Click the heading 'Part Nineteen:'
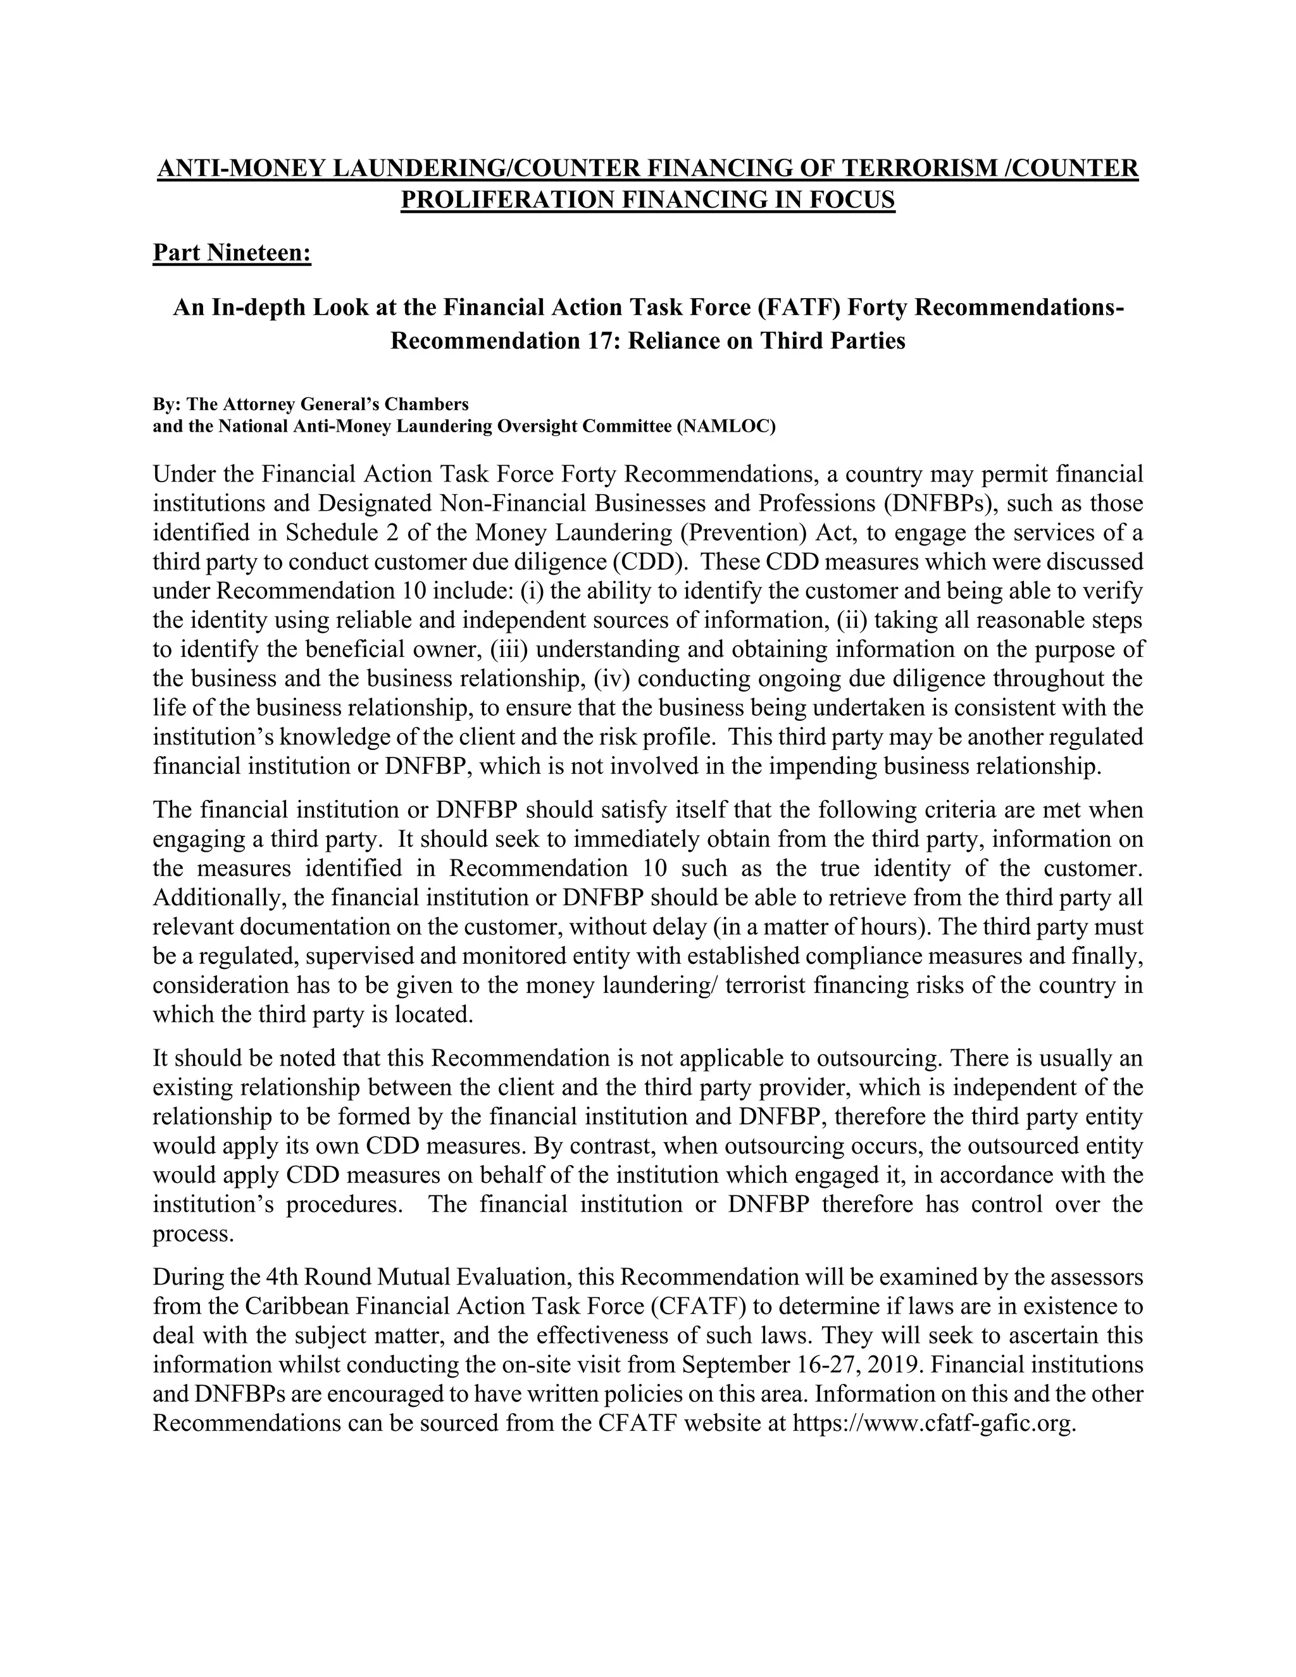[x=232, y=252]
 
